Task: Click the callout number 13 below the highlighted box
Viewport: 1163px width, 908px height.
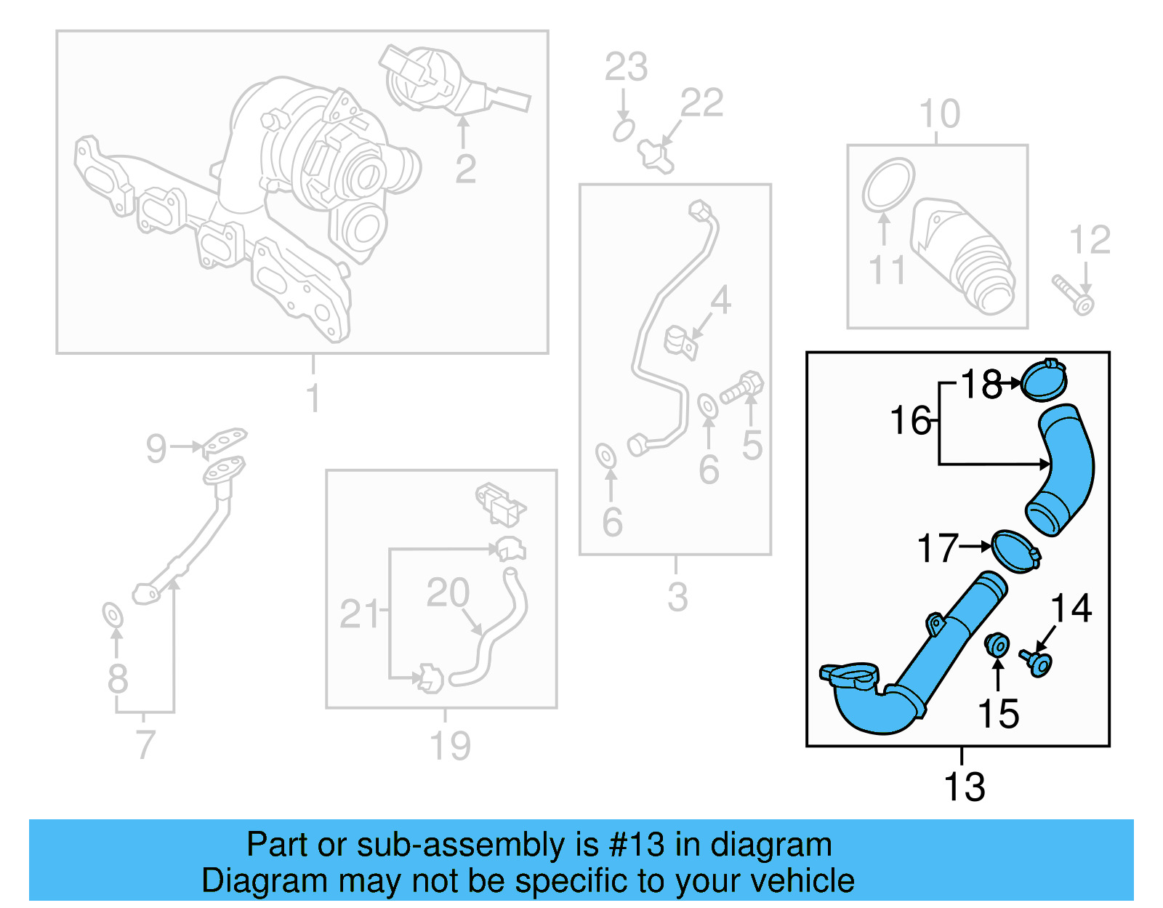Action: click(964, 787)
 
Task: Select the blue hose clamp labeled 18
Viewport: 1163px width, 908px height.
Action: click(1044, 381)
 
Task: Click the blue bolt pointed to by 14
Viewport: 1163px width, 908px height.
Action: click(1038, 662)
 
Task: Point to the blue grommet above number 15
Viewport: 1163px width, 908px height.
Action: click(997, 644)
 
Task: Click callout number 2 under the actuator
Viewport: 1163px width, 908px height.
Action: click(465, 169)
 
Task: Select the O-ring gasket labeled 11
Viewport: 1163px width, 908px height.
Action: click(888, 185)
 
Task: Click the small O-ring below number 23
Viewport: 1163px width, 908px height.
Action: click(623, 131)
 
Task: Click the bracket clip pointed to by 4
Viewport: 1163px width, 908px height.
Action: click(681, 342)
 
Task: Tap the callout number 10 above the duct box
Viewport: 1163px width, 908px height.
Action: click(939, 114)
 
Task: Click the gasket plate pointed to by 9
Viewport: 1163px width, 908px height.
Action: click(225, 440)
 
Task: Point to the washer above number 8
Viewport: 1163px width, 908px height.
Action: click(113, 615)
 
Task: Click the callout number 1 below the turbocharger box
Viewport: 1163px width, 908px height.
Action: click(313, 398)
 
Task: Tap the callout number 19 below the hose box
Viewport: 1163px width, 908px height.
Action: click(450, 746)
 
